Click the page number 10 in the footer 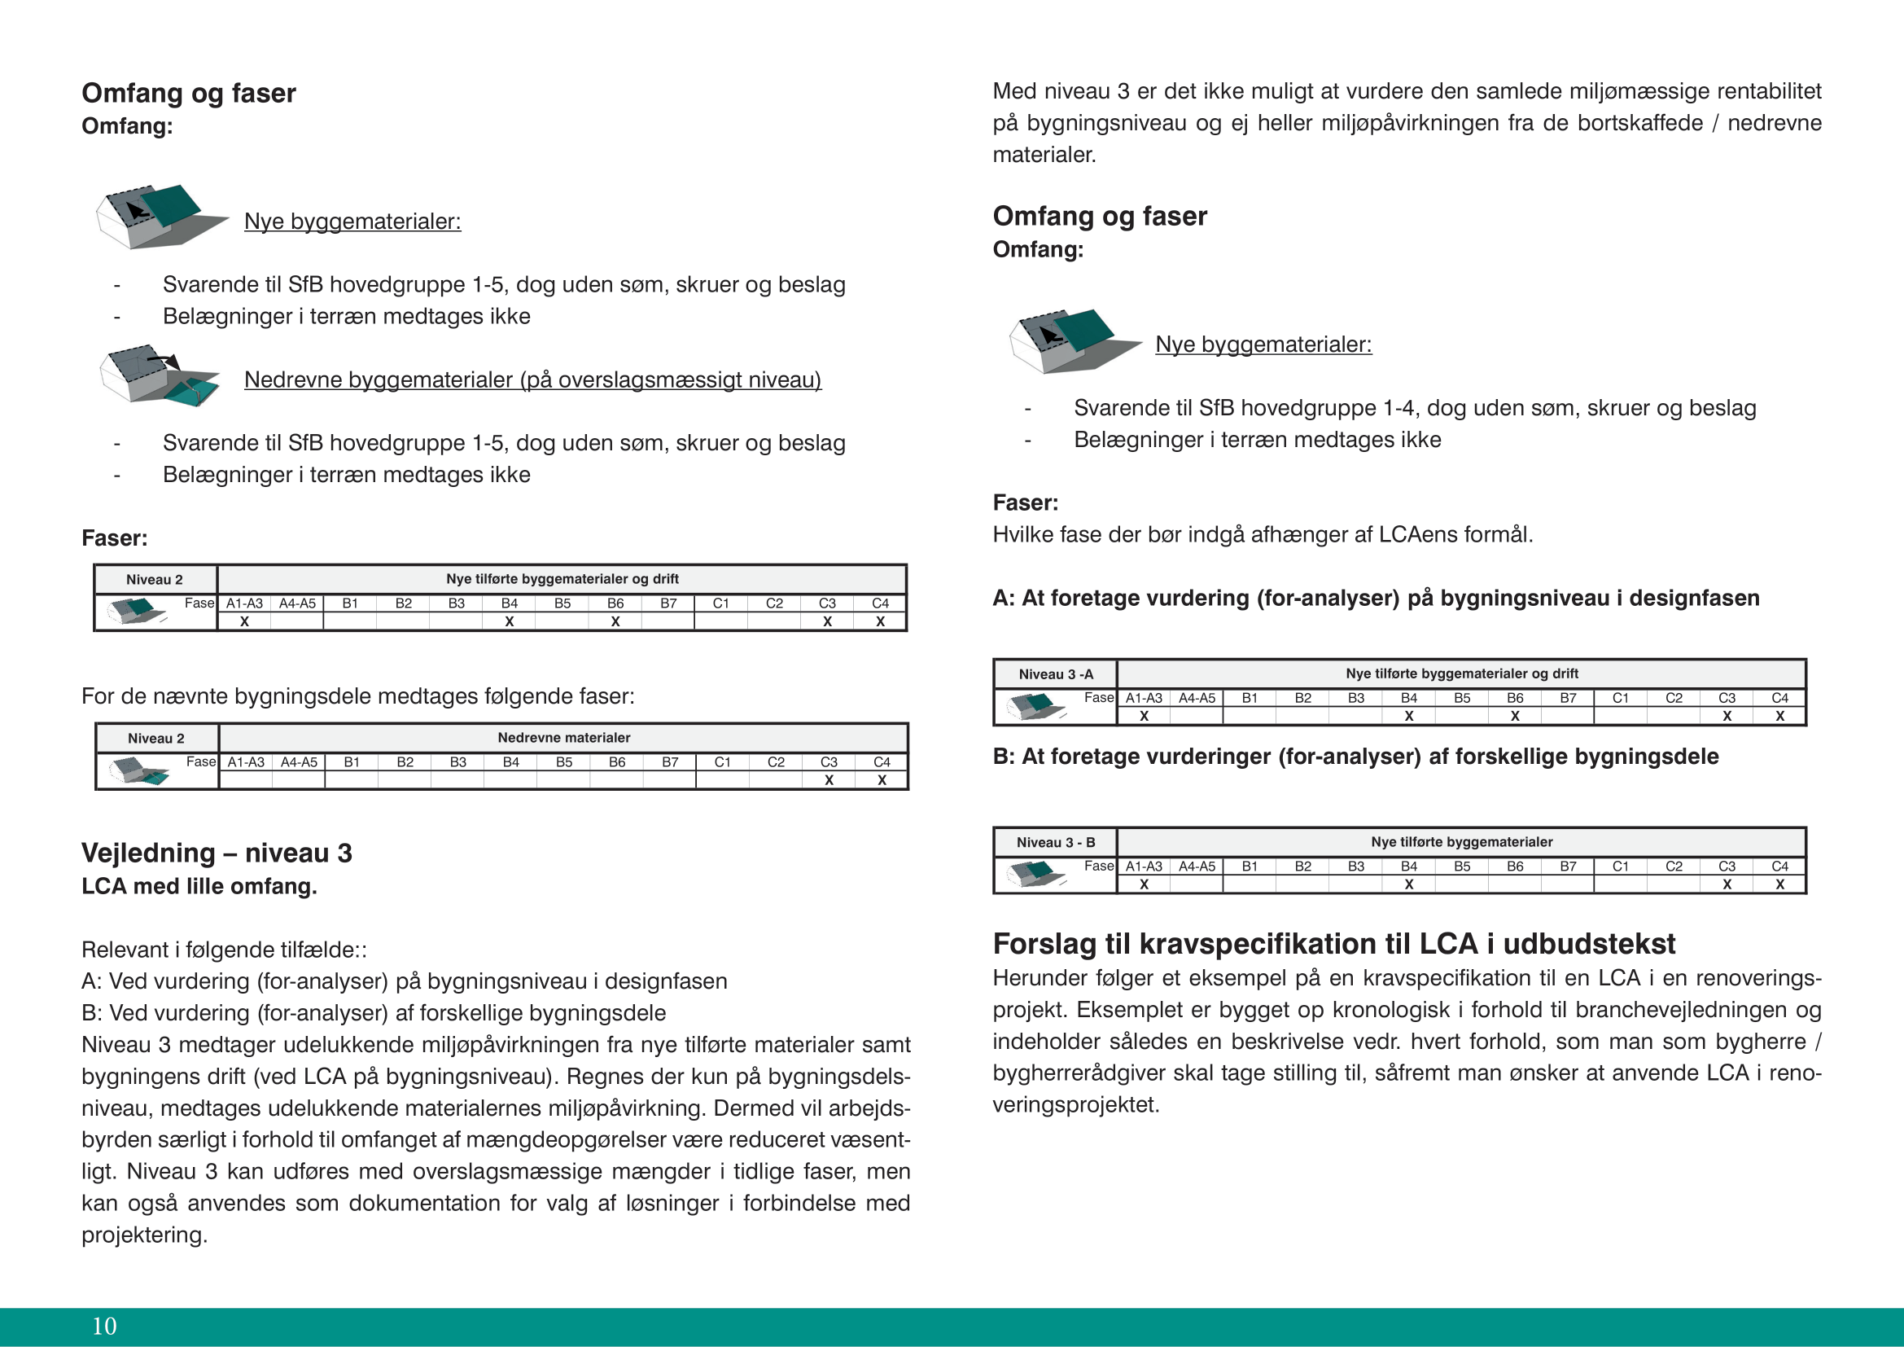coord(104,1326)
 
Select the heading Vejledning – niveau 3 coord(217,853)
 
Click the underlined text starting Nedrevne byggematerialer coord(532,380)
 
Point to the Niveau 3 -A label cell coord(1056,674)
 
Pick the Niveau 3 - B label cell coord(1056,843)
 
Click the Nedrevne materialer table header coord(564,737)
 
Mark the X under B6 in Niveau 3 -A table coord(1515,716)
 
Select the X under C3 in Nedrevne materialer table coord(829,780)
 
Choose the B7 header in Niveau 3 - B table coord(1568,867)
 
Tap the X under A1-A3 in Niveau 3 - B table coord(1144,884)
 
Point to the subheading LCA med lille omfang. coord(199,886)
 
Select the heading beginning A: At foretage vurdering coord(1376,598)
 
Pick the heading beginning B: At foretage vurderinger coord(1355,757)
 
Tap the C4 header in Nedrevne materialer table coord(882,762)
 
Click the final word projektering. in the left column coord(144,1235)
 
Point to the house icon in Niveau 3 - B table coord(1035,872)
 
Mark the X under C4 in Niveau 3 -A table coord(1779,716)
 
